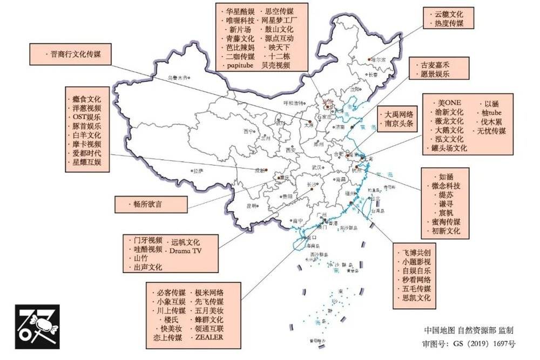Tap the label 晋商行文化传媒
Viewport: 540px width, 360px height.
click(78, 54)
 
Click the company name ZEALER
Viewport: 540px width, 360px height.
click(209, 338)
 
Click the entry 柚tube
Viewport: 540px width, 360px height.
click(492, 112)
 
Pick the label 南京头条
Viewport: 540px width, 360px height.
click(399, 124)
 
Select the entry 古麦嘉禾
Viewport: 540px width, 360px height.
click(435, 65)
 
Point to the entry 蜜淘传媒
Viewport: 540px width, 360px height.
click(446, 221)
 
